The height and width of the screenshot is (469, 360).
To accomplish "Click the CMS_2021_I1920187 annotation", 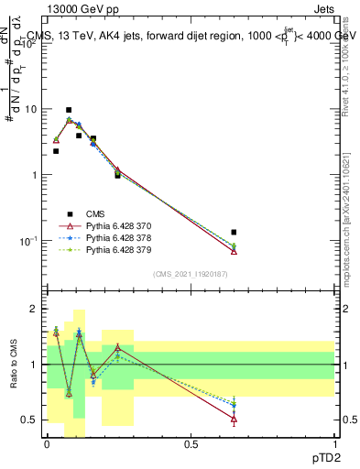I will point(190,274).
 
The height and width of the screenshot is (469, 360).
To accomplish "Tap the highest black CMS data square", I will point(69,110).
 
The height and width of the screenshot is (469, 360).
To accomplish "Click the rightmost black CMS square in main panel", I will point(234,233).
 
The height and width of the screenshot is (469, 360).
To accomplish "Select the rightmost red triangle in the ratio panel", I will point(234,420).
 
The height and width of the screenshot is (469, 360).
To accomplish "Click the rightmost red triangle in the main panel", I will point(234,251).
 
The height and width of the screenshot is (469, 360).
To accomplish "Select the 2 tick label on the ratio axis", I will point(36,310).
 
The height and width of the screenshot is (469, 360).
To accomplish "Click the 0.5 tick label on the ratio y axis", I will point(31,420).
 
